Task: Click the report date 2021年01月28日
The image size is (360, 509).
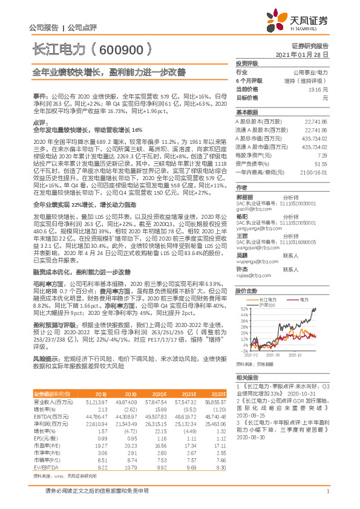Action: [306, 54]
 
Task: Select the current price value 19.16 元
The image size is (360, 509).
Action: [318, 89]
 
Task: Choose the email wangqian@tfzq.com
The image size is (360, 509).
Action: [254, 247]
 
